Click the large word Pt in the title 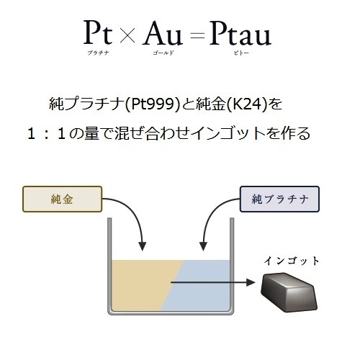click(x=98, y=32)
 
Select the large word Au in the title click(x=162, y=33)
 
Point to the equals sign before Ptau click(x=197, y=36)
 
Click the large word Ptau click(x=240, y=33)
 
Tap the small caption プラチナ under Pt click(x=98, y=53)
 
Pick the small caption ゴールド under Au click(x=163, y=53)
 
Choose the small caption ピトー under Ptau click(x=241, y=53)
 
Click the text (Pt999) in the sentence click(x=152, y=104)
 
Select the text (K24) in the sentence click(x=247, y=104)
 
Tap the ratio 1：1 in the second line click(x=47, y=134)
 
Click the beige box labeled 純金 click(x=63, y=199)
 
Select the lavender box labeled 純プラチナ click(x=279, y=199)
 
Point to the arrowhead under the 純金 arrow click(x=143, y=246)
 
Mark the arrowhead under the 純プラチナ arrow click(x=204, y=246)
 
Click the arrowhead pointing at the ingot click(x=251, y=282)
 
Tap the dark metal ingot click(x=289, y=292)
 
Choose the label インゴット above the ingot click(x=292, y=261)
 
